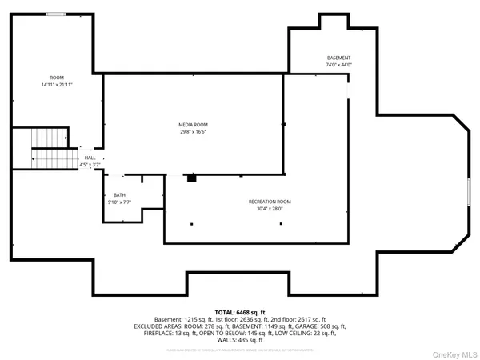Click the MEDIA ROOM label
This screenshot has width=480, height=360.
[x=193, y=125]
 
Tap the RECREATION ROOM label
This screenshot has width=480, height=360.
[x=270, y=202]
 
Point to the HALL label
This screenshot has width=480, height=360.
[x=90, y=158]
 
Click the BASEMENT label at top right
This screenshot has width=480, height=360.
[x=338, y=58]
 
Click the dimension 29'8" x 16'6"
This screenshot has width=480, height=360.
[x=193, y=132]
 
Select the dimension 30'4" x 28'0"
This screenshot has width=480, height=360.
[x=270, y=209]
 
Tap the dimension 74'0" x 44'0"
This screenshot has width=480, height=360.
[x=338, y=66]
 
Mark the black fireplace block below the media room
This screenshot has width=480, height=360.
[x=191, y=178]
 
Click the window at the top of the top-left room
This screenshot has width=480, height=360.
[x=56, y=14]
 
